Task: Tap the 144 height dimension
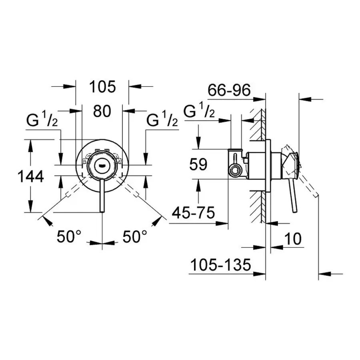pos(30,176)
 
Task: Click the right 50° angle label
pos(132,237)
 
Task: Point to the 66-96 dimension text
pos(229,91)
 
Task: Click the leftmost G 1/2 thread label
pos(42,120)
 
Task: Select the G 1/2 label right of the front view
pos(162,120)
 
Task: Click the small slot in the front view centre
pos(102,164)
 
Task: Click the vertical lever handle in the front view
pos(102,196)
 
